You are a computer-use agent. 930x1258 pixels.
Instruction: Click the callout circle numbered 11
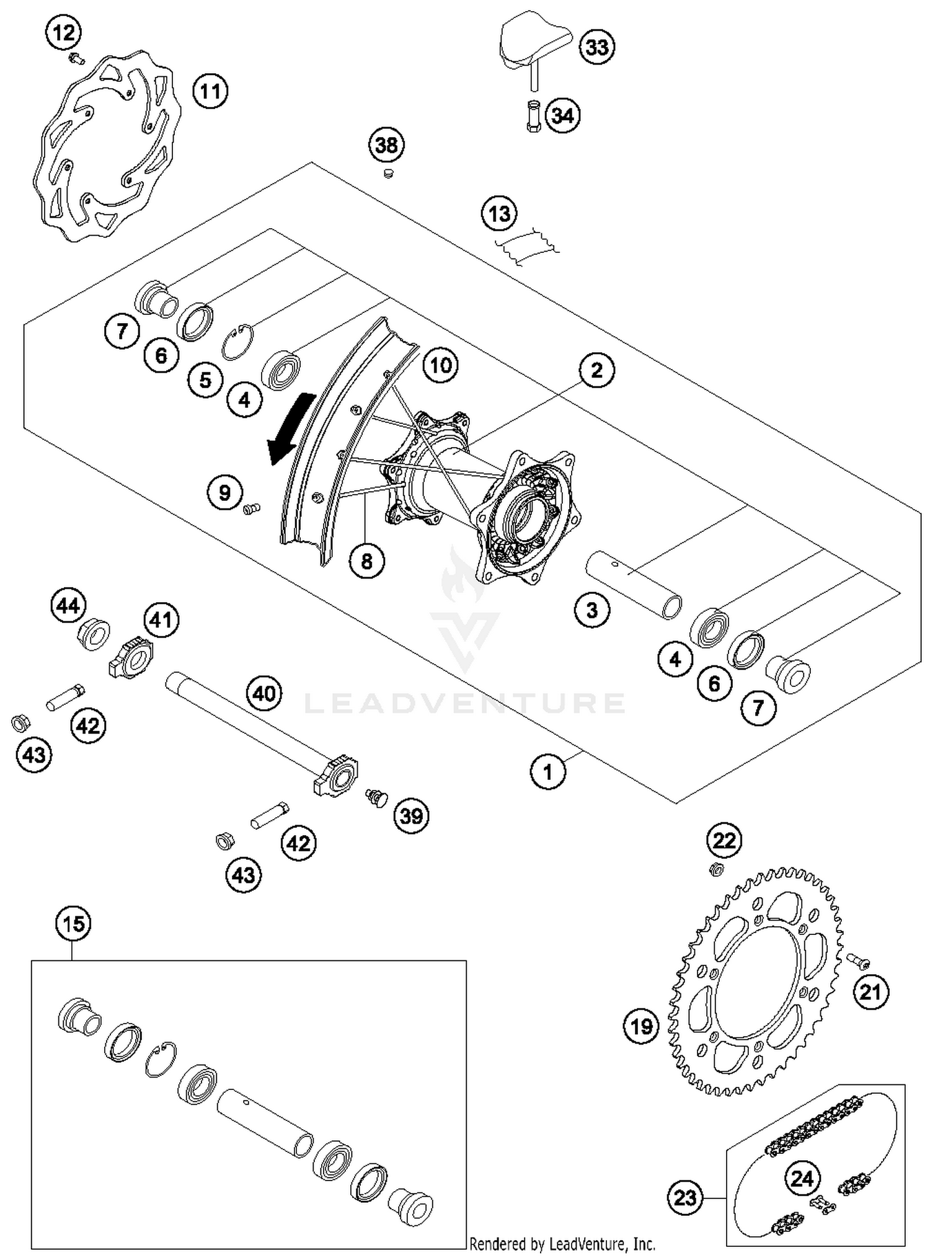pos(210,91)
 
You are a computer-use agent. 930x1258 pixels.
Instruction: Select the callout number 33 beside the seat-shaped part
pos(596,47)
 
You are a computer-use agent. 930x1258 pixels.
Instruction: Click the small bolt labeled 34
pos(533,117)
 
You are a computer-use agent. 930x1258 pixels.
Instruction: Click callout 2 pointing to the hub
pos(596,370)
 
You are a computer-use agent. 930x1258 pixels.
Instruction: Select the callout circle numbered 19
pos(641,1025)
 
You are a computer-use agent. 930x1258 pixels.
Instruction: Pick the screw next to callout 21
pos(857,961)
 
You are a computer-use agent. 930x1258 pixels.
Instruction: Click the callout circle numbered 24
pos(802,1177)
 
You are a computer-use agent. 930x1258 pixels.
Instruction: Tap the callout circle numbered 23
pos(685,1197)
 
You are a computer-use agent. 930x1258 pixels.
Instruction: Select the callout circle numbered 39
pos(412,815)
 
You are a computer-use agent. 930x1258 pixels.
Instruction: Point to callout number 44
pos(68,605)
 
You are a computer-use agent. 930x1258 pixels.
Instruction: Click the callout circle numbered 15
pos(73,924)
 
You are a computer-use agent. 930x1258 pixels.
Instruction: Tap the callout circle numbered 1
pos(548,772)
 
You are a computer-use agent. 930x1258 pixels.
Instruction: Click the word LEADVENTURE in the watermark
pos(465,704)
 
